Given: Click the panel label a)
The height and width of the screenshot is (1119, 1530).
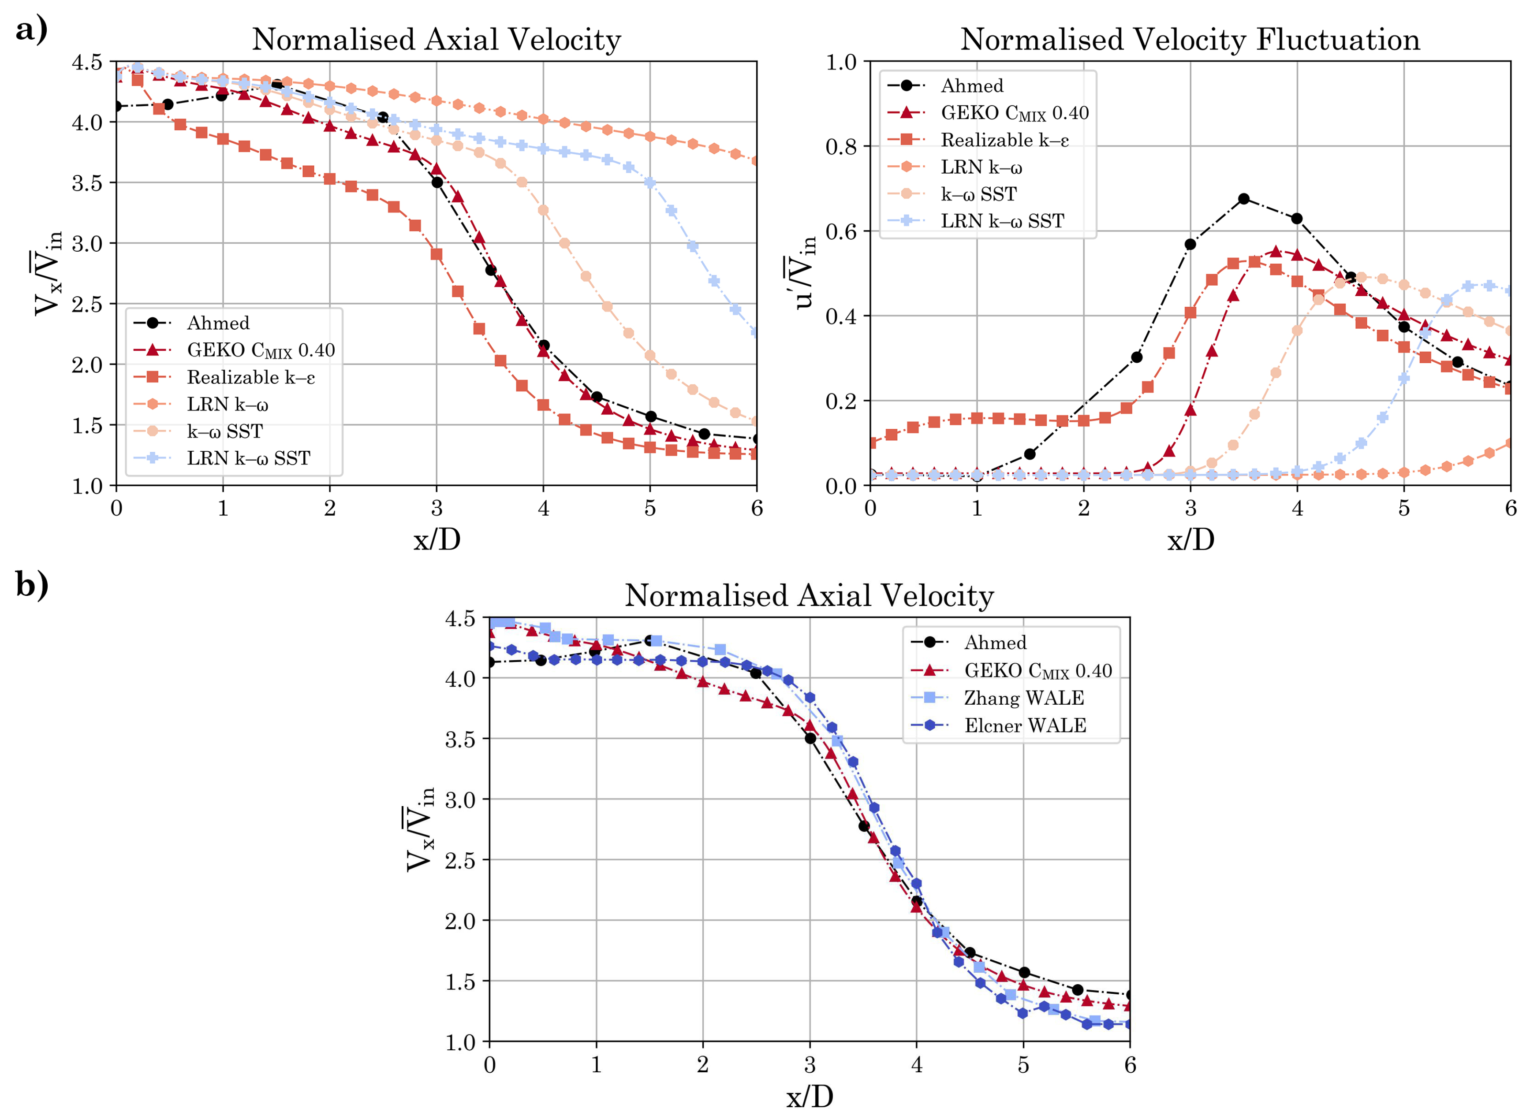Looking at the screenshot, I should click(x=31, y=29).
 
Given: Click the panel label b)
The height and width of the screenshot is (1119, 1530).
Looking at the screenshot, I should click(x=32, y=584).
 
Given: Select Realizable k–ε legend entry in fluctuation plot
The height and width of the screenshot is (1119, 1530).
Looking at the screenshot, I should click(x=1004, y=140).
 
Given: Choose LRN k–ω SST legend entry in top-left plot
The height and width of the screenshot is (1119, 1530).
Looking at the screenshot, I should click(x=248, y=458).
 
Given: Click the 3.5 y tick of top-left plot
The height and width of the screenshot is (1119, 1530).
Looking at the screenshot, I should click(x=87, y=183).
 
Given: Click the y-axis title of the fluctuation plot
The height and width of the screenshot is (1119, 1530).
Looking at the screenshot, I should click(x=805, y=273).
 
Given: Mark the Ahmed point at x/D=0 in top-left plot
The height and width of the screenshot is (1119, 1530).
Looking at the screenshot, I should click(x=116, y=106).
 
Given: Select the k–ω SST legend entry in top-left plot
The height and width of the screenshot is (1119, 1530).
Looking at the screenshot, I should click(x=224, y=431).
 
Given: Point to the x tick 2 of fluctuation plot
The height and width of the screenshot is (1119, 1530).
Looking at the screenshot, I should click(x=1083, y=509).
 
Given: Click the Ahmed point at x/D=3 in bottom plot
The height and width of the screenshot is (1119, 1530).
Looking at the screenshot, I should click(x=810, y=738).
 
